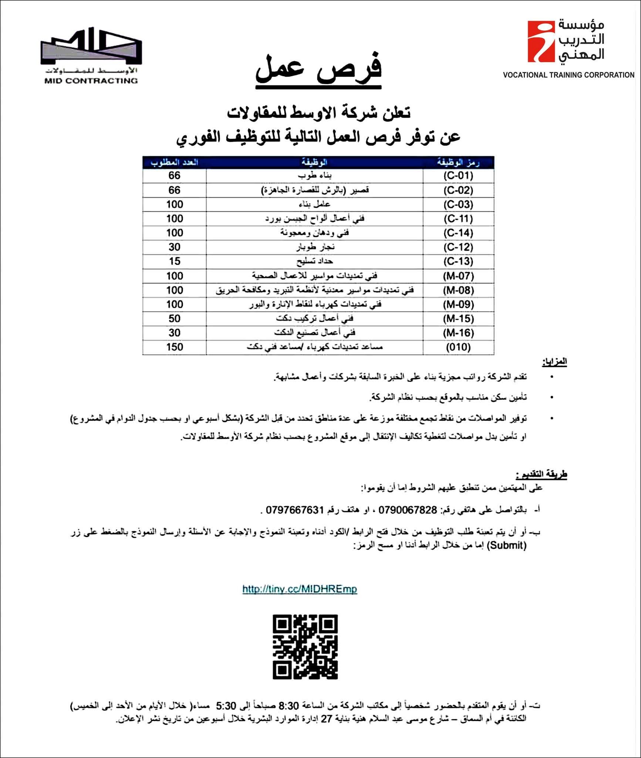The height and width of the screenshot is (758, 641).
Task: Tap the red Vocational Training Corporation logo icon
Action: pos(541,41)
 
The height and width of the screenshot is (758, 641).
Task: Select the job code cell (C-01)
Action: pos(458,175)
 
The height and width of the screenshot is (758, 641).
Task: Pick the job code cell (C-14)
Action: pos(458,233)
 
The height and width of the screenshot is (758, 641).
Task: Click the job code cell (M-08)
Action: pos(458,290)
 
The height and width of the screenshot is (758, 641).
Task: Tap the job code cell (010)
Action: pos(458,347)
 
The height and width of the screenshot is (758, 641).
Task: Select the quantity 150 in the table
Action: pos(175,347)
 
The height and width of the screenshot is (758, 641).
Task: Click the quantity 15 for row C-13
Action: pos(175,261)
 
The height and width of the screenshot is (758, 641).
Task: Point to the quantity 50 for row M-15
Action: pos(175,319)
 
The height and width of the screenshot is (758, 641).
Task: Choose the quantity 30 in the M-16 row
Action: pos(175,333)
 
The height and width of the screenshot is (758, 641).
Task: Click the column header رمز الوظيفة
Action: pos(458,162)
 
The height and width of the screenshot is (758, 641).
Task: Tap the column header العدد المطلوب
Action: pos(175,162)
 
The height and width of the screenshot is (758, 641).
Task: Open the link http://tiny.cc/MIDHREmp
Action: pos(300,589)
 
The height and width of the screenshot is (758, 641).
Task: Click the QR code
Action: pos(305,647)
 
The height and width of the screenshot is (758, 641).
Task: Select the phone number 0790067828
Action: pos(408,510)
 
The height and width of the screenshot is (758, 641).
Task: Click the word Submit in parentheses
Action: pos(506,545)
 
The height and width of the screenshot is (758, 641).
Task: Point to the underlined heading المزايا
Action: pos(554,362)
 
